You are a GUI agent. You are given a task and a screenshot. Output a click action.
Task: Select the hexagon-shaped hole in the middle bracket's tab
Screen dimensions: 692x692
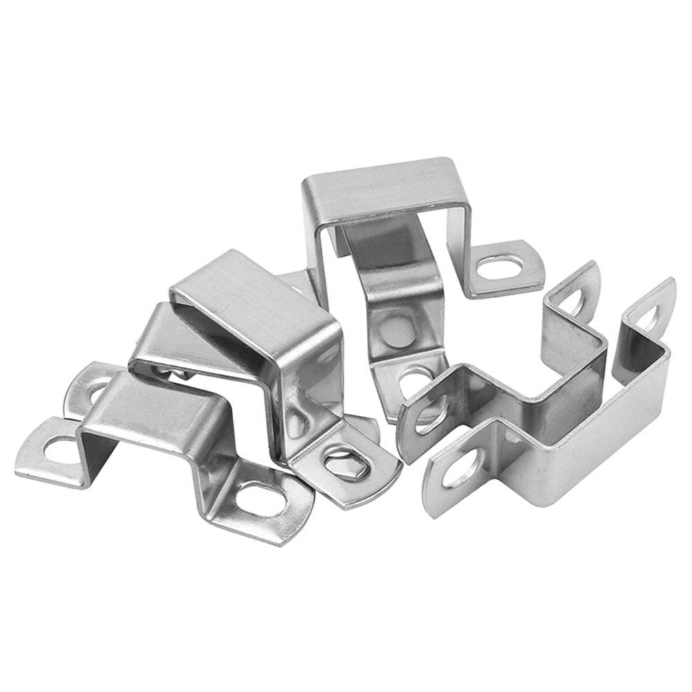(x=346, y=462)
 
